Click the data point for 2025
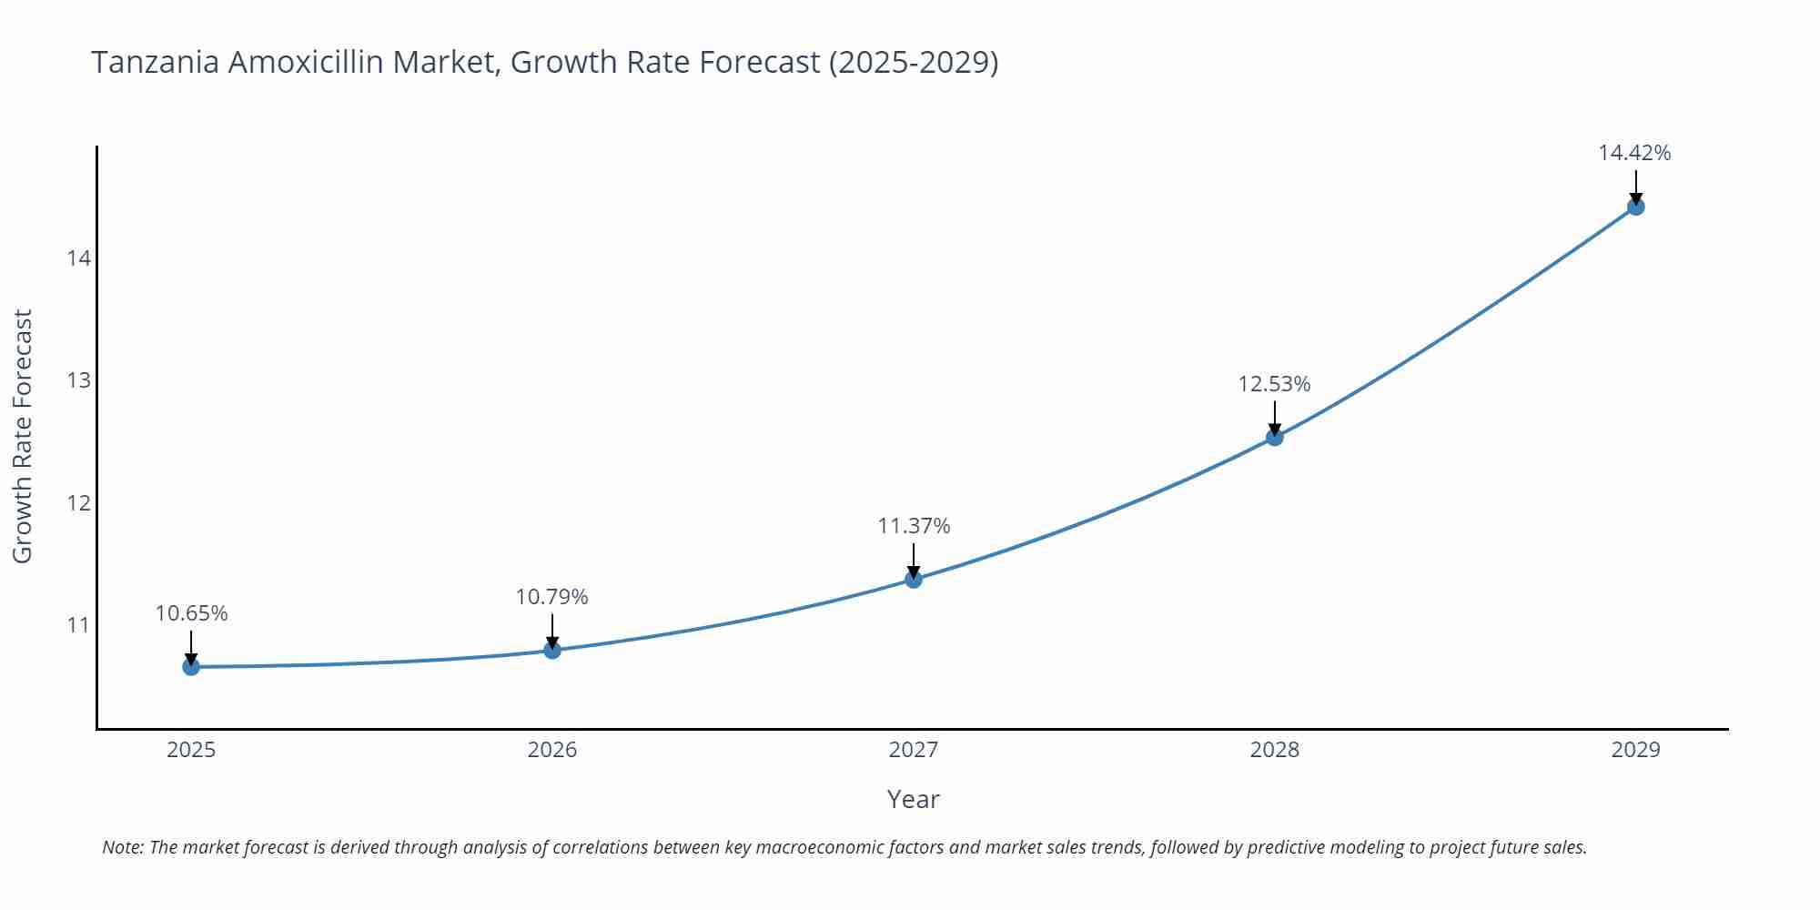tap(191, 667)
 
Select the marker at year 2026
tap(552, 650)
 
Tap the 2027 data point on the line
tap(914, 579)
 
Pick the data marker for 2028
tap(1275, 437)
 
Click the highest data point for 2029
tap(1635, 207)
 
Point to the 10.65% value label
tap(191, 613)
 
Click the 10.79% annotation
tap(552, 597)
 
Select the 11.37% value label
tap(914, 526)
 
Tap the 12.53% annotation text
tap(1274, 384)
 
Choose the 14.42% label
tap(1634, 153)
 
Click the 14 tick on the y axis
tap(79, 258)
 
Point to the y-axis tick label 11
tap(79, 625)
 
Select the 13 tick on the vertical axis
tap(79, 380)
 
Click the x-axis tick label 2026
tap(552, 750)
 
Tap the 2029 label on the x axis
tap(1635, 750)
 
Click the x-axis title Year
tap(913, 799)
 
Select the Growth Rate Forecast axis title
tap(23, 436)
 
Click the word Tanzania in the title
tap(155, 62)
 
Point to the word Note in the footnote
tap(122, 847)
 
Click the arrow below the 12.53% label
tap(1275, 418)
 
